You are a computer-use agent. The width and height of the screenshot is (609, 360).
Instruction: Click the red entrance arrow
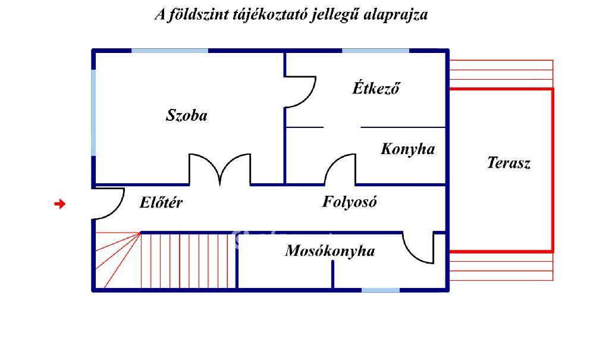click(x=60, y=204)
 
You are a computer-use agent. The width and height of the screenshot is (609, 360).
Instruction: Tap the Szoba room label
click(x=186, y=115)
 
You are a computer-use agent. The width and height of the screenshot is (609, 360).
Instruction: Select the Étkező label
click(x=376, y=88)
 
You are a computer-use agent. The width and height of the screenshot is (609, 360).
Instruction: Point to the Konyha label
click(x=408, y=149)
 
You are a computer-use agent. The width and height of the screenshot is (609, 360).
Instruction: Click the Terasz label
click(x=509, y=162)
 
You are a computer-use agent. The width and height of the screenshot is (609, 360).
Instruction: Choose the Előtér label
click(x=161, y=202)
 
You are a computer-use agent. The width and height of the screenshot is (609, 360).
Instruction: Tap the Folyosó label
click(x=350, y=201)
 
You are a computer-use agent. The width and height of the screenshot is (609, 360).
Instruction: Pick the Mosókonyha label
click(x=330, y=251)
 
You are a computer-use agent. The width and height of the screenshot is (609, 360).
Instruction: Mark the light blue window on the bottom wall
click(x=381, y=290)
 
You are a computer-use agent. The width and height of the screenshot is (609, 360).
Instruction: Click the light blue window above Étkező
click(x=376, y=51)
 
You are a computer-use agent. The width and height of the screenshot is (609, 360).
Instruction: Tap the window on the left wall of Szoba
click(x=93, y=112)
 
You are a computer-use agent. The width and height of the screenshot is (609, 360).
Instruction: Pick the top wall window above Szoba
click(x=169, y=51)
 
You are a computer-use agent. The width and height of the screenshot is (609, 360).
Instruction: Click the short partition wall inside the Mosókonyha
click(x=333, y=274)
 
